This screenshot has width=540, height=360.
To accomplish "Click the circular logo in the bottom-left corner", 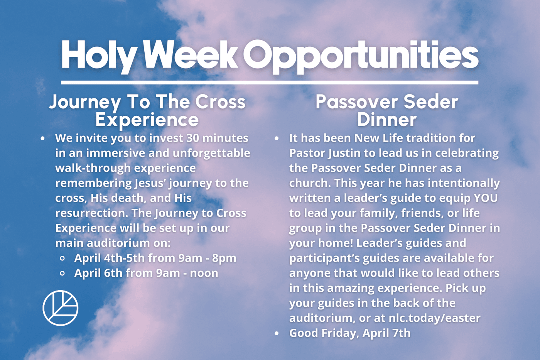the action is (61, 308).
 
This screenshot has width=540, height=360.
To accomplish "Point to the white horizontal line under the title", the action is (270, 83).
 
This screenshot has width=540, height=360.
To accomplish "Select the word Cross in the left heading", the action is (220, 102).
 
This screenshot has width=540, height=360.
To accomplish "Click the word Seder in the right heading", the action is (431, 102).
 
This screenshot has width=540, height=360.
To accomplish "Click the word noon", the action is (204, 274).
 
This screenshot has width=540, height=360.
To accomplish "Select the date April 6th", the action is (98, 273).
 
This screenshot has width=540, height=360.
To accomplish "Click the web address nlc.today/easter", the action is (435, 318).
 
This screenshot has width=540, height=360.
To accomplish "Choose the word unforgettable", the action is (211, 153).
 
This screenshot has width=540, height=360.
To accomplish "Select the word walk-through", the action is (93, 168).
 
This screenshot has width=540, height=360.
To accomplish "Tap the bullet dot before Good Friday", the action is (277, 333).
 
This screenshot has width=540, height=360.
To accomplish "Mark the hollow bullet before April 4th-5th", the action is (62, 259).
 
